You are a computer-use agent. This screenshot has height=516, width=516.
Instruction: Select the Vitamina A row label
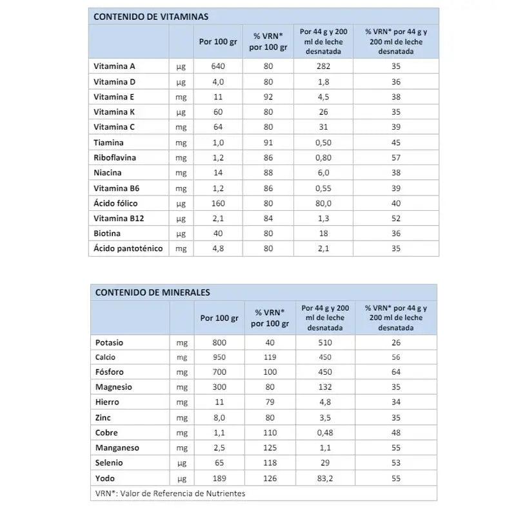coord(114,66)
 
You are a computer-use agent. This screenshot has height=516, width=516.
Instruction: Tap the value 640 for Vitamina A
coord(218,66)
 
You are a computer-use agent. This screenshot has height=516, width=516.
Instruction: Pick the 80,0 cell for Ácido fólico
coord(324,203)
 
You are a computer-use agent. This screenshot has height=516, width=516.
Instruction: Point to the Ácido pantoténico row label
coord(128,248)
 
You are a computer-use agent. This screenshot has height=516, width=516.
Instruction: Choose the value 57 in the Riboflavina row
coord(396,157)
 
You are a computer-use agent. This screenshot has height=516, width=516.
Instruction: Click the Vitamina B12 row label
coord(119,219)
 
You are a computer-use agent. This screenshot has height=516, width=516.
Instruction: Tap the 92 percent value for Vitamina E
coord(268,97)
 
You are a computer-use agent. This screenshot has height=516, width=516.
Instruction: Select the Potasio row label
coord(109,342)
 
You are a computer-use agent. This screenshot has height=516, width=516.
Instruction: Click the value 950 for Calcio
coord(219,357)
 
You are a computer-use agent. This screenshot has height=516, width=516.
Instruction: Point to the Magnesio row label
coord(114,387)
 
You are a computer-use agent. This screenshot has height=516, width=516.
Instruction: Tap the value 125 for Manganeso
coord(269,448)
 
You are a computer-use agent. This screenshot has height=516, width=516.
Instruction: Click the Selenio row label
coord(109,462)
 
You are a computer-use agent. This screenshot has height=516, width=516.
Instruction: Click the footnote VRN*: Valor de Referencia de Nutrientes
coord(170,493)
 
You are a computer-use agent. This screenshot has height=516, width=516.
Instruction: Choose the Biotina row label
coord(107,233)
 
